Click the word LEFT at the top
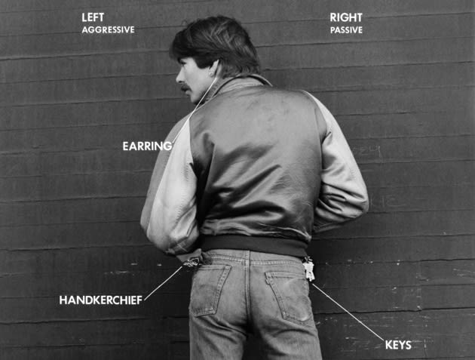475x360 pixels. click(93, 17)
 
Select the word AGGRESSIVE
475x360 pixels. click(108, 29)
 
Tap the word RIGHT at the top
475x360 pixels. click(346, 17)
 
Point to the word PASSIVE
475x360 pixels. click(346, 30)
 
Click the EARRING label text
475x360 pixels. click(147, 146)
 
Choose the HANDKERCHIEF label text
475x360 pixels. click(101, 300)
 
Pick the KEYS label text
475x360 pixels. click(398, 345)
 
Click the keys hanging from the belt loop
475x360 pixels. click(308, 269)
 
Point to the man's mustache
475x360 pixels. click(186, 88)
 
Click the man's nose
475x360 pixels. click(179, 78)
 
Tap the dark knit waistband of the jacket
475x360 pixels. click(255, 245)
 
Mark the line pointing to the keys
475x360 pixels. click(348, 312)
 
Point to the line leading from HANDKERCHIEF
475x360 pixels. click(164, 283)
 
